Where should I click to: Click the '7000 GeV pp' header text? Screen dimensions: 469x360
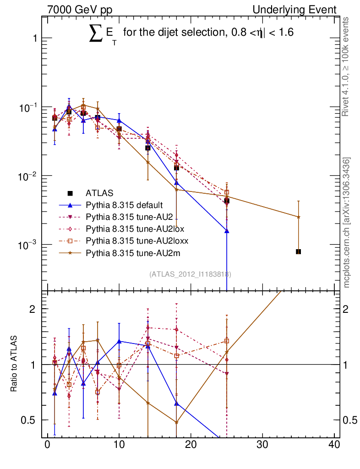82,10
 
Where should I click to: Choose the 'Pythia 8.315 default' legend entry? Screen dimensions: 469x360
124,205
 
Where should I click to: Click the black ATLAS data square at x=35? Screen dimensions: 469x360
298,251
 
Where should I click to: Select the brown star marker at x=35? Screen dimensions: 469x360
298,217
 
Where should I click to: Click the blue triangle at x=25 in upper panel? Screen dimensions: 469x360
227,231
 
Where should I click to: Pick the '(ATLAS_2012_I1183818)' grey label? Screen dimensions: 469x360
190,274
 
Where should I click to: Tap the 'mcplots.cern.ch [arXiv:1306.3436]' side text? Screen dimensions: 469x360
347,223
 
